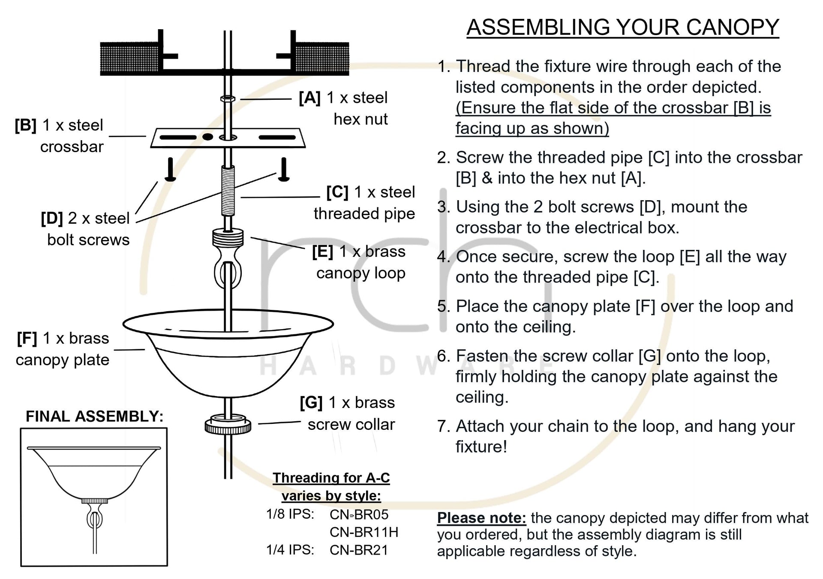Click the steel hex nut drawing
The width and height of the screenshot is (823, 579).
[228, 99]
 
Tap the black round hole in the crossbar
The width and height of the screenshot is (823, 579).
[207, 137]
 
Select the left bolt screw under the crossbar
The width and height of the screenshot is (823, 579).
[171, 170]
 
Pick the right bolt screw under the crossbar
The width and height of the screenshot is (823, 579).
[283, 169]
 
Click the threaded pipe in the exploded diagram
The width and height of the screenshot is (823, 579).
[228, 190]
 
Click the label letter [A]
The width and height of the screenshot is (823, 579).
[309, 98]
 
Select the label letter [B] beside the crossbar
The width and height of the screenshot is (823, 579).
[25, 126]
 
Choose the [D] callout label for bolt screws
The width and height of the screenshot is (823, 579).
[52, 219]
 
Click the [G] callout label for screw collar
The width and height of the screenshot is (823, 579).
[311, 403]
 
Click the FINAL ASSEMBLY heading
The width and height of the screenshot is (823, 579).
[94, 417]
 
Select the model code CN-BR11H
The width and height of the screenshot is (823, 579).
[364, 532]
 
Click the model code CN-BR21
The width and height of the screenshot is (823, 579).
[359, 550]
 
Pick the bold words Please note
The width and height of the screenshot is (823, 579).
[481, 518]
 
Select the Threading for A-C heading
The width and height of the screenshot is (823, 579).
[331, 478]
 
